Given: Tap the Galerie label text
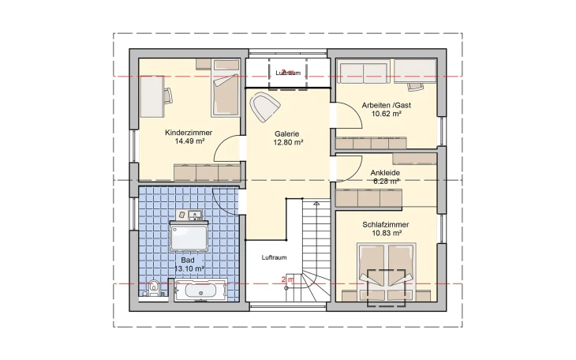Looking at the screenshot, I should click(x=288, y=133).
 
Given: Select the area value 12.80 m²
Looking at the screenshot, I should click(x=288, y=143).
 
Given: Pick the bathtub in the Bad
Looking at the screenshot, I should click(x=200, y=291).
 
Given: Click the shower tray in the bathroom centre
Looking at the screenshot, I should click(x=189, y=238).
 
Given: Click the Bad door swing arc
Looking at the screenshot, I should click(x=227, y=203).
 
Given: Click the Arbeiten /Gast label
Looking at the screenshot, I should click(x=386, y=105).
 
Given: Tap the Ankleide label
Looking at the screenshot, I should click(x=385, y=172).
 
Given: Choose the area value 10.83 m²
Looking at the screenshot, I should click(x=387, y=234).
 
